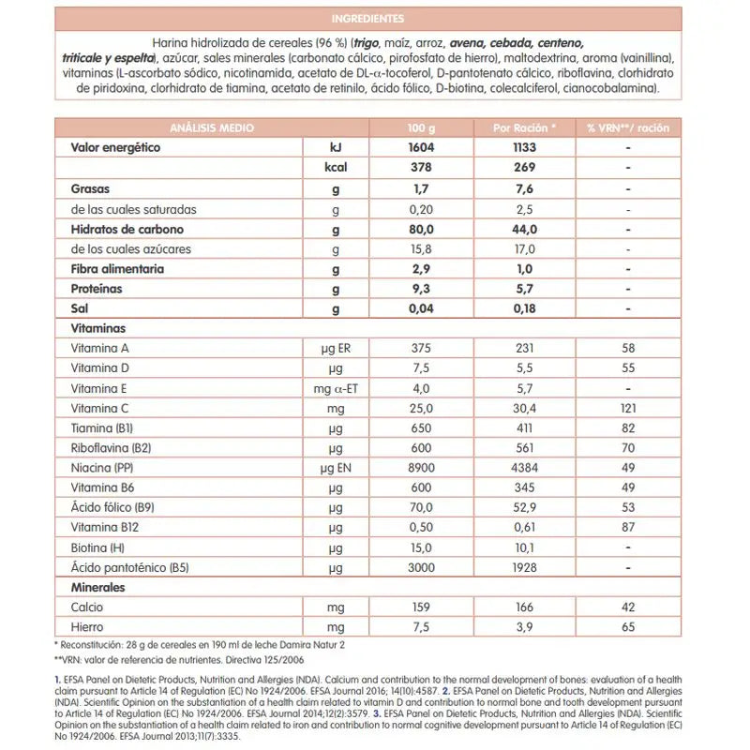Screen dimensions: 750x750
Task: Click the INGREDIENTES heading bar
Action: click(x=367, y=18)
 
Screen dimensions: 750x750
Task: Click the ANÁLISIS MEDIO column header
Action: click(x=211, y=128)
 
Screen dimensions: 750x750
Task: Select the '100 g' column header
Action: click(x=422, y=128)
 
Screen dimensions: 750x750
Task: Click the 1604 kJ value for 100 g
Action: click(x=422, y=148)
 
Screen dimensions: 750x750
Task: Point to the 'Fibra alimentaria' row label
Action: click(x=117, y=269)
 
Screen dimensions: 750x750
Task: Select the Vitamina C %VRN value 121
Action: click(x=628, y=408)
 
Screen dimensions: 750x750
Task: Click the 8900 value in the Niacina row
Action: click(x=422, y=467)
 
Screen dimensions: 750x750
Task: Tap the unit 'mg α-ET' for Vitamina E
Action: click(x=337, y=388)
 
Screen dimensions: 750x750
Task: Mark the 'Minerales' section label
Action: click(x=98, y=587)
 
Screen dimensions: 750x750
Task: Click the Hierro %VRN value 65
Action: click(x=628, y=627)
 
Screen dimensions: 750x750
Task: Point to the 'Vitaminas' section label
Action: click(x=97, y=329)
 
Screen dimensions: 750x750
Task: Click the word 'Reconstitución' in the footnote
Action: click(x=100, y=645)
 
